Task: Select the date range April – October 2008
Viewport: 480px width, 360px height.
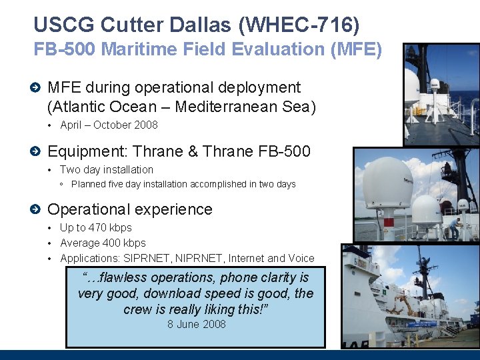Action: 109,125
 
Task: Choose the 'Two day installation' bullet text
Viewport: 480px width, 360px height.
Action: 107,170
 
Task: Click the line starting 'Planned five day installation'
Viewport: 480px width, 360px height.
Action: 183,184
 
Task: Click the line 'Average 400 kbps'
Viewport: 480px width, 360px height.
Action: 103,243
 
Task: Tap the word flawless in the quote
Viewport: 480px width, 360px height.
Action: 120,277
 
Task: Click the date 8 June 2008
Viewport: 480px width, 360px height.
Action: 196,325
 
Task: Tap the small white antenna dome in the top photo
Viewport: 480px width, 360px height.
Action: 435,84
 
